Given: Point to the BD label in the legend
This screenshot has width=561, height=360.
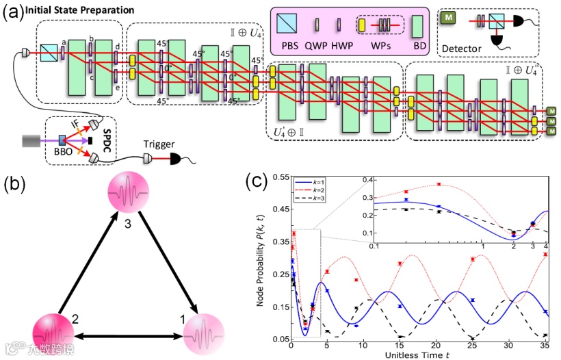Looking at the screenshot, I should tap(419, 49).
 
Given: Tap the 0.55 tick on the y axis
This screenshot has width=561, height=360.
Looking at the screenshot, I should tap(280, 177).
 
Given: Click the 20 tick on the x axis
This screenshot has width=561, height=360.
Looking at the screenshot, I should tap(435, 345).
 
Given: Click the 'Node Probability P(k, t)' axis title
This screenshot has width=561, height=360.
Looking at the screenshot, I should tap(261, 258).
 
